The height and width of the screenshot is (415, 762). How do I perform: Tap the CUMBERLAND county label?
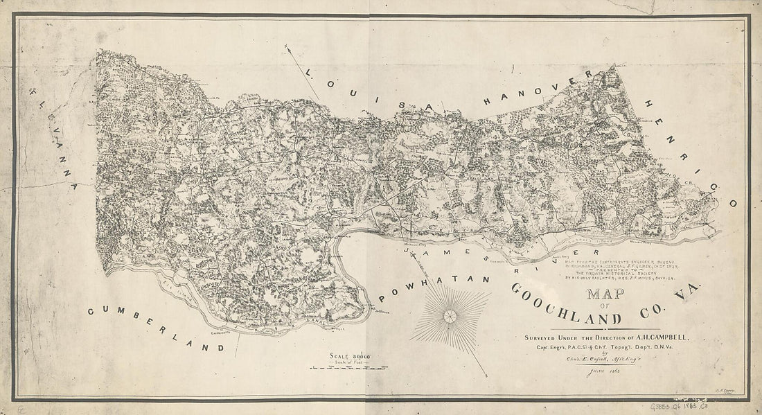pos(156,329)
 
